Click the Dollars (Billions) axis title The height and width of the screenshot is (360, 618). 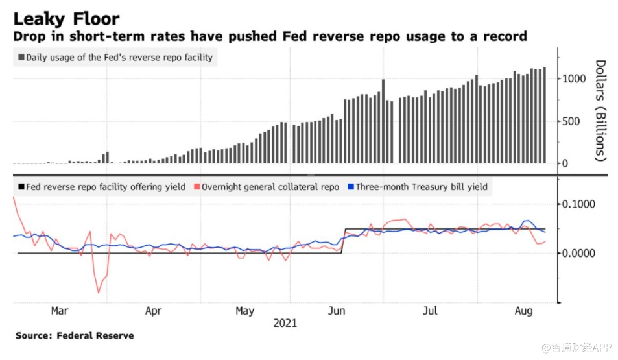coord(600,110)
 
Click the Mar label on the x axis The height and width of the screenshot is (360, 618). coord(60,311)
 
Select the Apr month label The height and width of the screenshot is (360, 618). coord(154,311)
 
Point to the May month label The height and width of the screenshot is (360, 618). coord(244,311)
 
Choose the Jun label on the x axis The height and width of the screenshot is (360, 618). coord(337,311)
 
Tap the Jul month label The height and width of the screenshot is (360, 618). coord(430,311)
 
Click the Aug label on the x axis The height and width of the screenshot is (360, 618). coord(523,311)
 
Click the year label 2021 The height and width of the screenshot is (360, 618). coord(285,322)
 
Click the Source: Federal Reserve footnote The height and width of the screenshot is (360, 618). coord(75,335)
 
